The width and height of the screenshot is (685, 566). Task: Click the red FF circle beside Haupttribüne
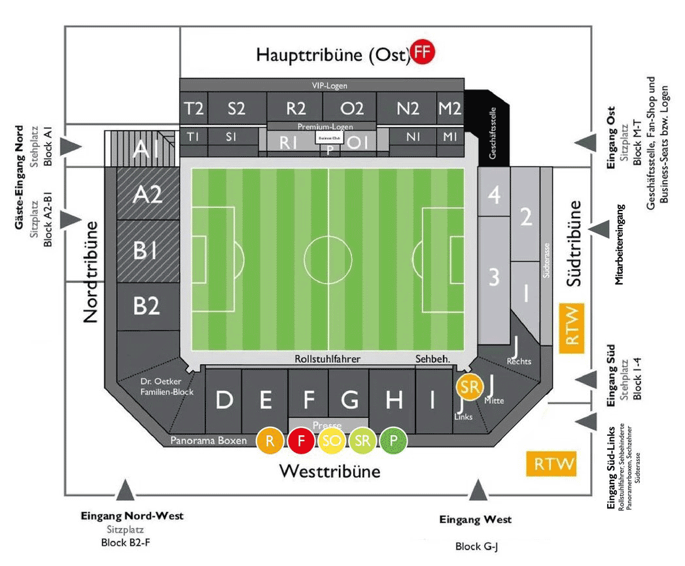pos(423,53)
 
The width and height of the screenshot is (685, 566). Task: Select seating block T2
pos(194,108)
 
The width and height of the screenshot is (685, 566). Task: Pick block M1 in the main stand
pos(450,137)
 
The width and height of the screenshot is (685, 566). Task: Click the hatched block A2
pos(148,195)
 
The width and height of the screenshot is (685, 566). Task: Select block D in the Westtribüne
pos(224,400)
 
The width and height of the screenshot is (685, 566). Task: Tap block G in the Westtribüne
pos(350,400)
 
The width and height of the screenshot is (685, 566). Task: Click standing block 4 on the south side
pos(495,194)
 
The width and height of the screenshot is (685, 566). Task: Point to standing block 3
pos(495,277)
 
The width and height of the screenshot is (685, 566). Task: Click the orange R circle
pos(270,441)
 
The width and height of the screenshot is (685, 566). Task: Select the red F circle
pos(301,441)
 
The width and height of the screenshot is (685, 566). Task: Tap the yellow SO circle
pos(332,441)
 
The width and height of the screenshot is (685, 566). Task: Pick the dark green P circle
pos(394,441)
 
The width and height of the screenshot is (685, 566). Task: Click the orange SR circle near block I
pos(469,387)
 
